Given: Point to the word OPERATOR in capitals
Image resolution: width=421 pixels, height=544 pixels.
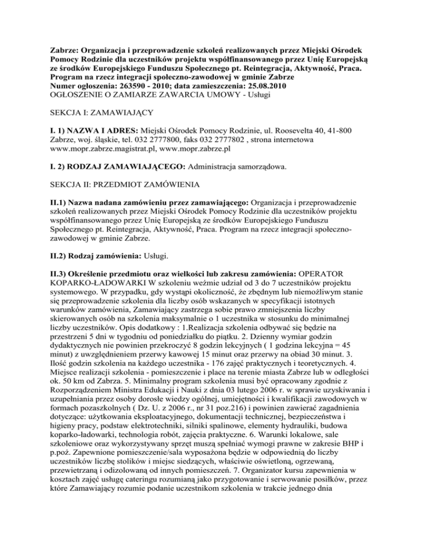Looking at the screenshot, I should (362, 300).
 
